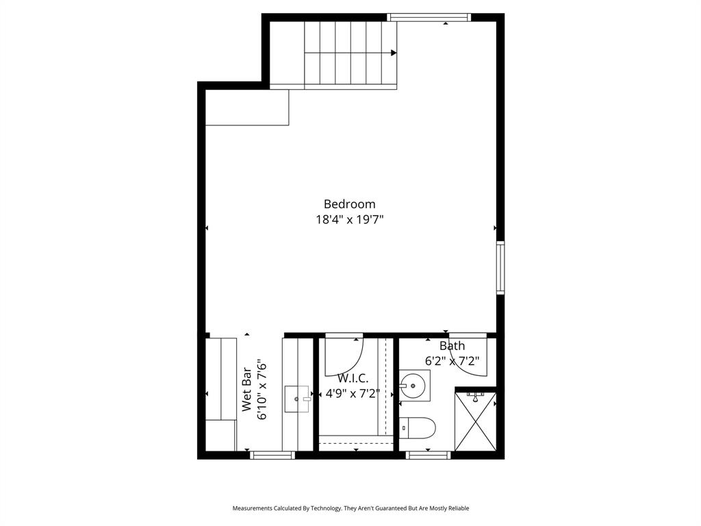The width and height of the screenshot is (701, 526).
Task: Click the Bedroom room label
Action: (x=349, y=204)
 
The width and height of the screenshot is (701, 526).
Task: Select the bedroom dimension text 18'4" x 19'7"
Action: (x=349, y=220)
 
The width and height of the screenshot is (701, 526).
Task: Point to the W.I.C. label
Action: (x=353, y=378)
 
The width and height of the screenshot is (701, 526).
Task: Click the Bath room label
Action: (x=452, y=346)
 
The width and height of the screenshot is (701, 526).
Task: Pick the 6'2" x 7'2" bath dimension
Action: (x=452, y=360)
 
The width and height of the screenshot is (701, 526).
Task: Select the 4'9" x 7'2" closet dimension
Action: (x=353, y=394)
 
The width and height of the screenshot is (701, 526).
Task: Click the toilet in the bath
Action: (x=418, y=427)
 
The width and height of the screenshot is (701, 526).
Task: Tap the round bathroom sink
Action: (x=414, y=385)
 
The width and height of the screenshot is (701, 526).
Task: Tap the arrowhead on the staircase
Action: (x=394, y=53)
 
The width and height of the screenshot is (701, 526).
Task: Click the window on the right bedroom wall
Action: (x=500, y=267)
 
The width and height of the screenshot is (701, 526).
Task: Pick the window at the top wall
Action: (x=429, y=17)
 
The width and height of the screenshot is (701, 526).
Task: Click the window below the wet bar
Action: (x=272, y=455)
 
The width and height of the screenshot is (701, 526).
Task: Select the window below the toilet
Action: (x=429, y=455)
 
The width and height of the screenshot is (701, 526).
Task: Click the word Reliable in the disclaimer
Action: (x=456, y=508)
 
